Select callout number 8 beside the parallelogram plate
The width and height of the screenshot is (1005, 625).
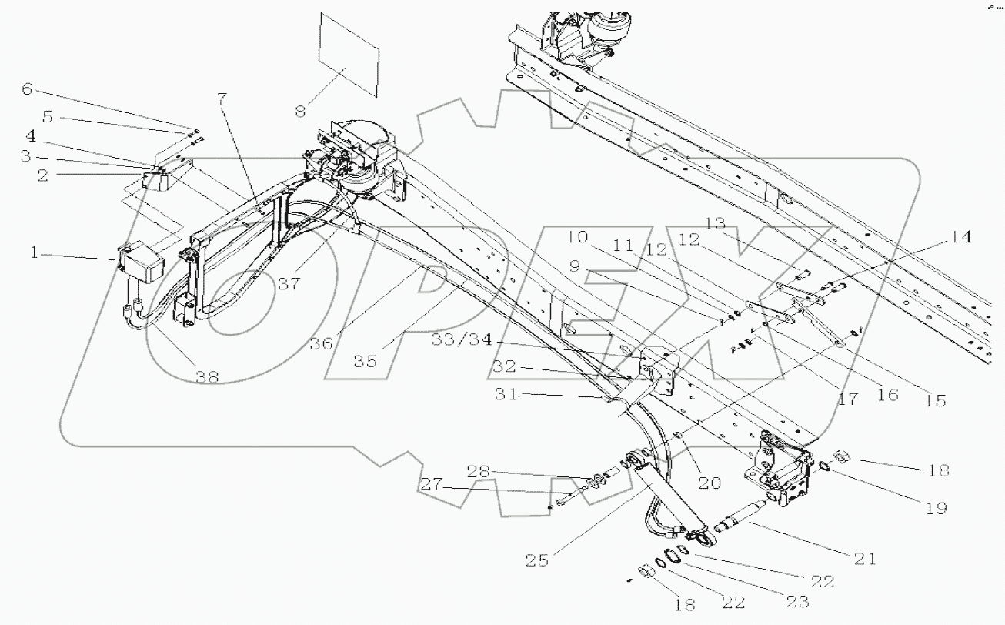[x=301, y=111]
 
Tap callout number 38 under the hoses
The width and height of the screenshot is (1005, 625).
[x=206, y=376]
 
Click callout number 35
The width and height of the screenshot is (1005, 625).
[x=371, y=359]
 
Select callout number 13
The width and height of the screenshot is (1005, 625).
[x=715, y=224]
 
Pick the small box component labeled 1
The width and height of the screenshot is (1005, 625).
[x=141, y=262]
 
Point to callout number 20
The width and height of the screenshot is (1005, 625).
[x=709, y=483]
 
